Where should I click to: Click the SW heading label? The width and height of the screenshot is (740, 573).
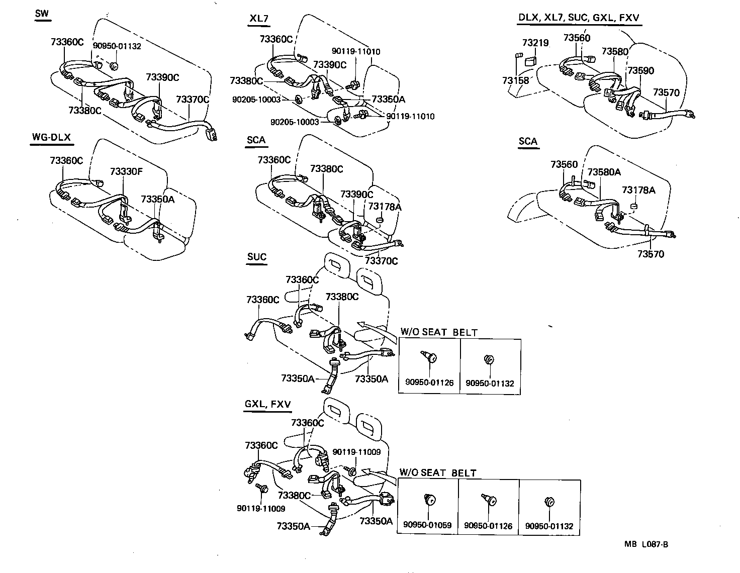click(x=42, y=14)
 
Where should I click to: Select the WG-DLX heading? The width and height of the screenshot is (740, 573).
click(x=51, y=137)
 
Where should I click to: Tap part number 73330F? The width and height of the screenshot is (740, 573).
click(x=126, y=171)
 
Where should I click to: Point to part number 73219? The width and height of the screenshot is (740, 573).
click(x=535, y=43)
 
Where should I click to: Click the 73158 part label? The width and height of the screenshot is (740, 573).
click(x=515, y=80)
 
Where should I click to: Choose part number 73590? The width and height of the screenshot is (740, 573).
click(x=640, y=70)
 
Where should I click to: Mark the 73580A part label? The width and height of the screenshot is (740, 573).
click(x=604, y=172)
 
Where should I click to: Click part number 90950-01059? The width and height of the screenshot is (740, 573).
click(x=427, y=526)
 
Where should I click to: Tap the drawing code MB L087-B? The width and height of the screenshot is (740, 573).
click(x=646, y=544)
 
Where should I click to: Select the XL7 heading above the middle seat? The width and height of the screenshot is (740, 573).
click(x=259, y=19)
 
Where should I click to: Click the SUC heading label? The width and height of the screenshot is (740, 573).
click(x=256, y=257)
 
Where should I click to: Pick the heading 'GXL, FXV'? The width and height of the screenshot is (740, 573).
click(x=267, y=404)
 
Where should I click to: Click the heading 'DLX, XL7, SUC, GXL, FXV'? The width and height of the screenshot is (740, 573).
click(x=579, y=18)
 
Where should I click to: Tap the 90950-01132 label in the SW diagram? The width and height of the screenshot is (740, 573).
click(x=117, y=46)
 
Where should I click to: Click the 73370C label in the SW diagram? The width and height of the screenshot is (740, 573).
click(x=192, y=100)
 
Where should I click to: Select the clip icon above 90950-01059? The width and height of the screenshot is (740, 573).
click(x=430, y=500)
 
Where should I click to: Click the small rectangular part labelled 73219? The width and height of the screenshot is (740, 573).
click(x=530, y=61)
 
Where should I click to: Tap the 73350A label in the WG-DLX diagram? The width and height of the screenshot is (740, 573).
click(x=158, y=199)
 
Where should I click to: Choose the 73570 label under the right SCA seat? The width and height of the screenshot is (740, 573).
click(x=651, y=254)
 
